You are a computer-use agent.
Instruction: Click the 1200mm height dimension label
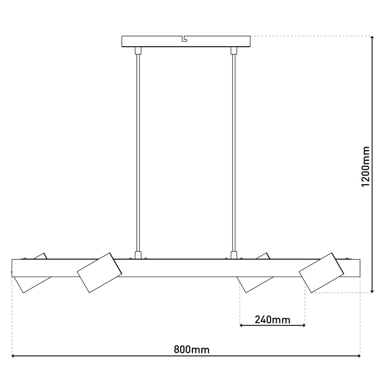pyautogui.click(x=365, y=166)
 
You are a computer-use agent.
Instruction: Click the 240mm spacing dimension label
pyautogui.click(x=272, y=320)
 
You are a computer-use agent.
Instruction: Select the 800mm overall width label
pyautogui.click(x=192, y=349)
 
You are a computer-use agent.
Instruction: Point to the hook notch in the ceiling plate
pyautogui.click(x=184, y=39)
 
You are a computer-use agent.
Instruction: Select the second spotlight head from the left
pyautogui.click(x=99, y=273)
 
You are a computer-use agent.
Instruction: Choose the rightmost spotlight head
pyautogui.click(x=321, y=273)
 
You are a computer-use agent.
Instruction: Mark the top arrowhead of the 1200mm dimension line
pyautogui.click(x=372, y=38)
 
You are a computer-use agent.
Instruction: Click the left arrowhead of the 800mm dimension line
pyautogui.click(x=14, y=356)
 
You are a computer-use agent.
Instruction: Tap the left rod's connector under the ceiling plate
pyautogui.click(x=138, y=50)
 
